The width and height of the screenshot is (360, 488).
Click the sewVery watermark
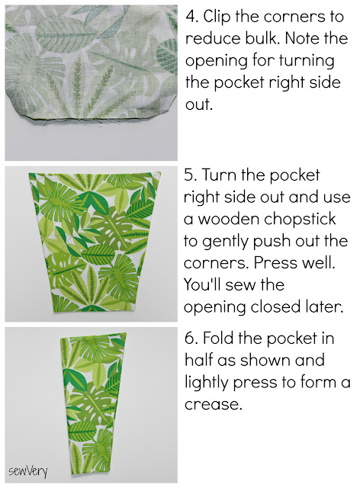28,471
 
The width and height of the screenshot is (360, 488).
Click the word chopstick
300,220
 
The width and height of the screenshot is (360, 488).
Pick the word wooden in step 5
229,219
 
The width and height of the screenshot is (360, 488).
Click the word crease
214,405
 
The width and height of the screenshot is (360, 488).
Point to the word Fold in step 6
217,338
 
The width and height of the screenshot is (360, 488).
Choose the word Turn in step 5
219,175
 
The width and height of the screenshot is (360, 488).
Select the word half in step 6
198,360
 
